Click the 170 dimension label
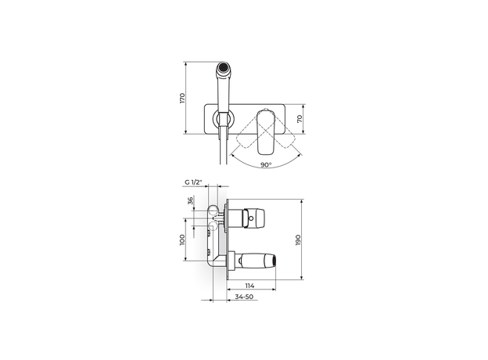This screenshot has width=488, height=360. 182,98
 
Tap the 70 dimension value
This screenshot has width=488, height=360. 300,119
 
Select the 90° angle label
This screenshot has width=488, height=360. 266,165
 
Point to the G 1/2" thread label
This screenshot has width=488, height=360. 193,182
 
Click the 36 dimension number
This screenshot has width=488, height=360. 191,200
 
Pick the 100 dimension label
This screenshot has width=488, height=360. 182,239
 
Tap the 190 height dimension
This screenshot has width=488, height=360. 298,239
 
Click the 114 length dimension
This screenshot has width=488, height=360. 249,285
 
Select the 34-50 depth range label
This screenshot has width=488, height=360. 244,297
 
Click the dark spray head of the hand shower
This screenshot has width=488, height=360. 223,67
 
